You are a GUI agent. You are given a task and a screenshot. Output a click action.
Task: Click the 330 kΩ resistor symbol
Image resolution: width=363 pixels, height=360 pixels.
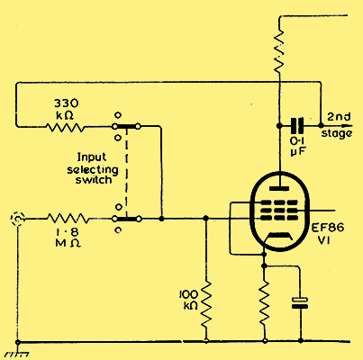[65, 127]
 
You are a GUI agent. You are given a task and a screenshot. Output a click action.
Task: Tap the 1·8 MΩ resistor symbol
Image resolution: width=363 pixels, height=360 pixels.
[68, 219]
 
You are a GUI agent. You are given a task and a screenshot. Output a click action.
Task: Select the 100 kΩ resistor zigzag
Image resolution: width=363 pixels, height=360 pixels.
[206, 304]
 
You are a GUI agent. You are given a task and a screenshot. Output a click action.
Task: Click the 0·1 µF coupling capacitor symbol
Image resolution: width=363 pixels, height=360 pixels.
[297, 126]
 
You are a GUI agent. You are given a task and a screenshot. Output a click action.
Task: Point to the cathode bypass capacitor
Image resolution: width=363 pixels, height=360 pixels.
[300, 302]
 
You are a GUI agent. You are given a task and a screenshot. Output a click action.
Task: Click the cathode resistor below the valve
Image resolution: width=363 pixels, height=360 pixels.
[265, 304]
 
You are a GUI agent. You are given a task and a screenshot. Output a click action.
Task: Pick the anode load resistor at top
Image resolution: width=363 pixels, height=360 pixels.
[279, 50]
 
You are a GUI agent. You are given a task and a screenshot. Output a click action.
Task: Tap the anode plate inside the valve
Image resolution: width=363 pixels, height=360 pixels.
[279, 188]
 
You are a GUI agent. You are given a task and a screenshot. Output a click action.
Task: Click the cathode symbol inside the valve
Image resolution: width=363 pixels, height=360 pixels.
[279, 237]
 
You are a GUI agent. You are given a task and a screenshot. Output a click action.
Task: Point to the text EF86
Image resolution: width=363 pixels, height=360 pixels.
[327, 228]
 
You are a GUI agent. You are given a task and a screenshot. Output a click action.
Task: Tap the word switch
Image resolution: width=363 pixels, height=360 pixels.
[94, 180]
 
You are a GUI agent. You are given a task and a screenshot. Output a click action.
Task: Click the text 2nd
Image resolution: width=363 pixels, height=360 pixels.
[339, 117]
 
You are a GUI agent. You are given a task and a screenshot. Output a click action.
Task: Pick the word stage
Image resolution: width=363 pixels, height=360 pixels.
[337, 133]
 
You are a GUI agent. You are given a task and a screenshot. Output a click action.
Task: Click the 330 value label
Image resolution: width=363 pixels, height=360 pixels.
[67, 103]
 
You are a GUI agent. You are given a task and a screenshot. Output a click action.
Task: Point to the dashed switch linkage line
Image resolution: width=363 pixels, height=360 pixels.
[127, 173]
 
